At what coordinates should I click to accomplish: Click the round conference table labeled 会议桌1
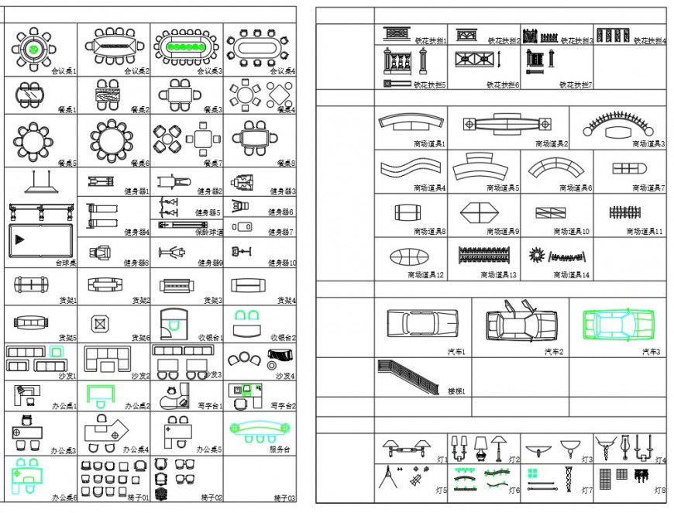tap(33, 48)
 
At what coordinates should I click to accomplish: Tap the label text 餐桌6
tap(139, 164)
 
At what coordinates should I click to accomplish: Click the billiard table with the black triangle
tap(40, 240)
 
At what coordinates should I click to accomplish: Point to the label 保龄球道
tap(210, 232)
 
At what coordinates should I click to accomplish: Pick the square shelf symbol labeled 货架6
tap(98, 323)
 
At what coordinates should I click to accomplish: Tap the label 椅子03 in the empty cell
tap(284, 498)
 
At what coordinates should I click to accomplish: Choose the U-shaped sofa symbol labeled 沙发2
tap(108, 359)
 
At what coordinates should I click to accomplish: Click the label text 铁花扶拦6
tap(503, 84)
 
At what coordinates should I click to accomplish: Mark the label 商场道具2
tap(552, 143)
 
